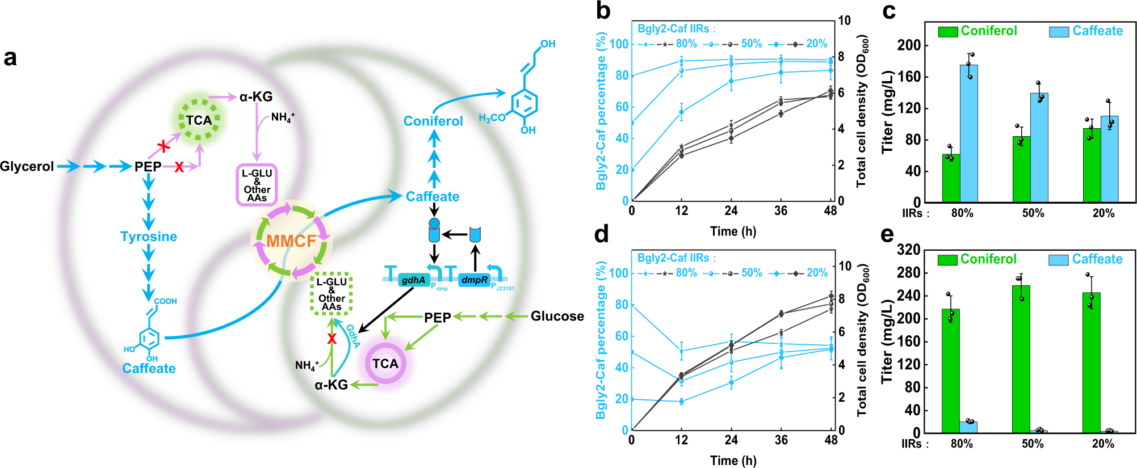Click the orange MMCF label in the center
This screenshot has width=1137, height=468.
[291, 241]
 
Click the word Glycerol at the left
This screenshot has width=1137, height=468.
[27, 166]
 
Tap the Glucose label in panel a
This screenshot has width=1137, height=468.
[557, 316]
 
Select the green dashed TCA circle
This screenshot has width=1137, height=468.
[199, 120]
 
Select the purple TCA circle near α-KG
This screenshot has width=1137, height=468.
[385, 364]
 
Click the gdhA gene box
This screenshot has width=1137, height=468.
[413, 280]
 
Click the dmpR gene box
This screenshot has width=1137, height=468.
[474, 280]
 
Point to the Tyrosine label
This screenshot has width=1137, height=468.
[149, 237]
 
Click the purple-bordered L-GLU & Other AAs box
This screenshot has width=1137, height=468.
[257, 185]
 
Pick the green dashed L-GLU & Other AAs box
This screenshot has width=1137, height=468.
[332, 294]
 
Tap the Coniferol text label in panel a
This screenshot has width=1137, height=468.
[433, 121]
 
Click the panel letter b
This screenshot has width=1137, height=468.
[603, 11]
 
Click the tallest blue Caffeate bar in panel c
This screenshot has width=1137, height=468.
[969, 133]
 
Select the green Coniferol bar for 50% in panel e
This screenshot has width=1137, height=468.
[1021, 359]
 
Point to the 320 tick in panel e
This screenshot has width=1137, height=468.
[908, 250]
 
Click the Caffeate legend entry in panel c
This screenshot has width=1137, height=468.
[1086, 31]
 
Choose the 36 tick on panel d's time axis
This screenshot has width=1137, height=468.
[781, 440]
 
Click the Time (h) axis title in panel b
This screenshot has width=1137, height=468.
[733, 231]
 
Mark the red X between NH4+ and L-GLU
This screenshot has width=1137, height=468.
[332, 339]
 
